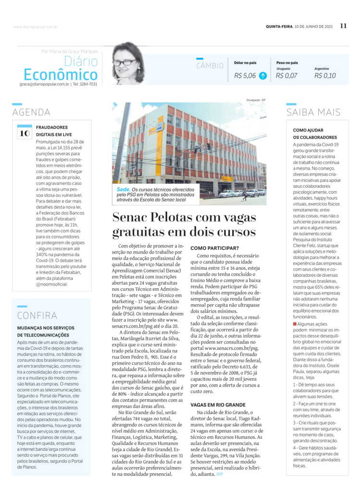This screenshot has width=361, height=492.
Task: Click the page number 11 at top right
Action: point(343,26)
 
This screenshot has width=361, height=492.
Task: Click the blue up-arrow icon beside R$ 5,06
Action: point(263,75)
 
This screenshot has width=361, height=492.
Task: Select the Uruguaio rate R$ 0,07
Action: point(286,75)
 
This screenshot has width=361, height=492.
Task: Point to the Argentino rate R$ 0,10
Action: point(325,75)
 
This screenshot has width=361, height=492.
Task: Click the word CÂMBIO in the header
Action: point(210,66)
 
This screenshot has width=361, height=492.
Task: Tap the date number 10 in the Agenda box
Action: point(25,134)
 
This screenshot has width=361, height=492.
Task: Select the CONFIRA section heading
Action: point(37,316)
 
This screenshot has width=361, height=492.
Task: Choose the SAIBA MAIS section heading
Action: point(313,112)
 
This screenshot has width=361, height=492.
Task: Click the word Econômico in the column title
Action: point(61,75)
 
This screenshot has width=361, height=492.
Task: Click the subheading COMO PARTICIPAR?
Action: point(215,248)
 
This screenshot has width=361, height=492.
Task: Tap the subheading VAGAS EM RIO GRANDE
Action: point(218,405)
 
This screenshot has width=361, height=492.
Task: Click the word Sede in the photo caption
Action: point(123,189)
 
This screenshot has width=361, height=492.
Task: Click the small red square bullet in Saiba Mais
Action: point(295,324)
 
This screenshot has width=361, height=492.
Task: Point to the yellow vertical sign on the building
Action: point(159,145)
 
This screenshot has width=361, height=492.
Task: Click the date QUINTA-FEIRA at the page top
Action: point(279,26)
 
